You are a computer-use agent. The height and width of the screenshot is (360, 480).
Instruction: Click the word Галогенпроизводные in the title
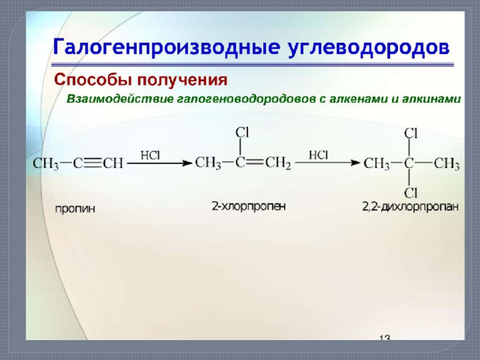point(166,47)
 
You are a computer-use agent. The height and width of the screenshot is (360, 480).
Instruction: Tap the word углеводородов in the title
point(369,48)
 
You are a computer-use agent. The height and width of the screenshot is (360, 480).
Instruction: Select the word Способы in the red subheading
point(93,80)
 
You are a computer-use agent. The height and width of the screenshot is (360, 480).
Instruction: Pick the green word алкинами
point(431,99)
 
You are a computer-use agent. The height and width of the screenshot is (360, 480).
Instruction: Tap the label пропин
point(75,208)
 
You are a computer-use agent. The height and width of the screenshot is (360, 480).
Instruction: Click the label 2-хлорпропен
point(248,206)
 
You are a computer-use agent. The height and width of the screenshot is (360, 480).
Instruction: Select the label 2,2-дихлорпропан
point(410,207)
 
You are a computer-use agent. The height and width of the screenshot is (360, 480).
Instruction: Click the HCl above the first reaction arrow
point(150,155)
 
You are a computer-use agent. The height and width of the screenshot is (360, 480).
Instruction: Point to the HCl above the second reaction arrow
point(318,155)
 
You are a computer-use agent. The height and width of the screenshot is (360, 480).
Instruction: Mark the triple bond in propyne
point(92,163)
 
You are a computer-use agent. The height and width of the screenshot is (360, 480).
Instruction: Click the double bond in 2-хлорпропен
point(255,162)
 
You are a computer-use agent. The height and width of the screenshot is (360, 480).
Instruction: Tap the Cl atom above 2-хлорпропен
point(242,133)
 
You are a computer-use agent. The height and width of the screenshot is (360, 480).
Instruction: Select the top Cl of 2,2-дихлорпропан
point(410,133)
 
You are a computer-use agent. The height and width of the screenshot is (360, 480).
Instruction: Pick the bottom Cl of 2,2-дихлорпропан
point(410,193)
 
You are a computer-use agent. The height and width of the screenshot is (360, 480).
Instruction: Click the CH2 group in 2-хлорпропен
point(278,163)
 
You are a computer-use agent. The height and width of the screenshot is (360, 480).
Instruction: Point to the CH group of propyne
point(113,163)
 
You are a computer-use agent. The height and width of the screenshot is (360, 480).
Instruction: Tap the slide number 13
point(385,337)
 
